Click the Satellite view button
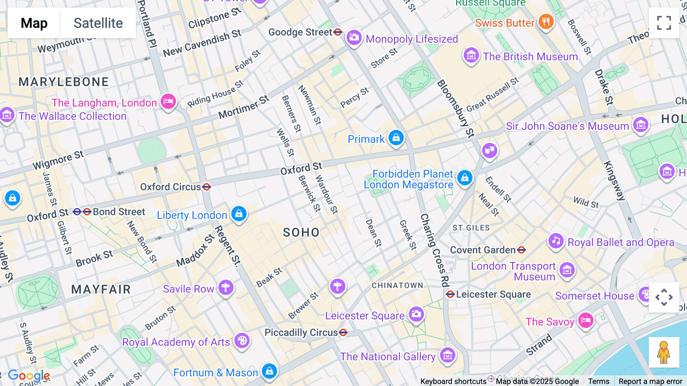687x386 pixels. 98,23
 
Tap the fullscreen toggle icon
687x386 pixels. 664,23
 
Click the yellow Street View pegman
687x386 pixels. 664,352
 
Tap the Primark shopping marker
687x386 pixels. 396,138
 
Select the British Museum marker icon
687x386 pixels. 471,56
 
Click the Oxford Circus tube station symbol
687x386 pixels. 206,187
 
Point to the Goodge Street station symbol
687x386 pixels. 338,32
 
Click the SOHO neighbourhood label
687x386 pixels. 301,232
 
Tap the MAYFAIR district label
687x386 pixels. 101,289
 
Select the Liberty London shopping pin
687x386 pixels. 239,214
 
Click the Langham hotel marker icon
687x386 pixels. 168,102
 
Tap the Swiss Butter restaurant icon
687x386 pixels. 546,21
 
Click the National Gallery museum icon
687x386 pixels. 447,355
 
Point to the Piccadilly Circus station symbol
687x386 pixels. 343,332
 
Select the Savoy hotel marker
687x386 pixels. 585,320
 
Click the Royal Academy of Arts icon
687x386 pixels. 242,341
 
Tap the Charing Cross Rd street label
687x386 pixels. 434,250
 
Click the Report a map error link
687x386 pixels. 650,381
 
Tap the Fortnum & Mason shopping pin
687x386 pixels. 269,371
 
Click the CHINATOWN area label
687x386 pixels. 397,285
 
